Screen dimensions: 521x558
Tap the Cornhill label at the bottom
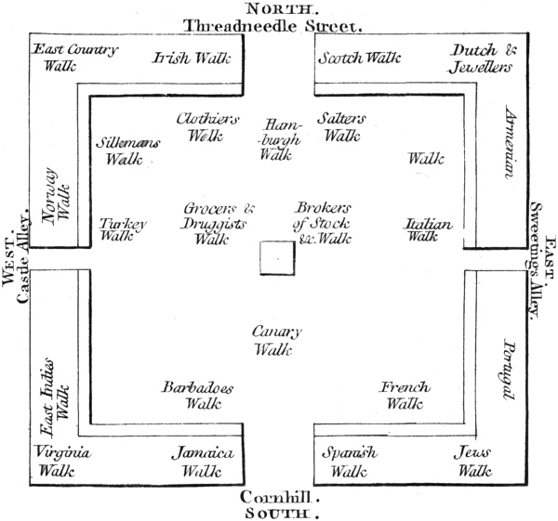pyautogui.click(x=278, y=496)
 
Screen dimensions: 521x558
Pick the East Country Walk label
pyautogui.click(x=73, y=57)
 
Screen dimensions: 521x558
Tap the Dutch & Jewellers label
pyautogui.click(x=480, y=59)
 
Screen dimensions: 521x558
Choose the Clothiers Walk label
pyautogui.click(x=207, y=127)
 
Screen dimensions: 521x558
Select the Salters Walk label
pyautogui.click(x=341, y=127)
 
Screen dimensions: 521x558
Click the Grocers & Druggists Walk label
pyautogui.click(x=218, y=222)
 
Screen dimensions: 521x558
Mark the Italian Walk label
pyautogui.click(x=428, y=229)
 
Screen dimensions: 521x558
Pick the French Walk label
pyautogui.click(x=405, y=395)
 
